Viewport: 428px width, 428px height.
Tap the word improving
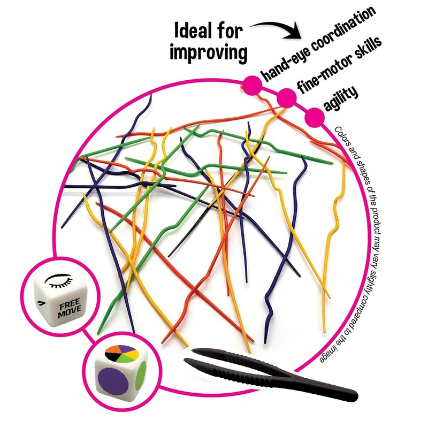(x=209, y=52)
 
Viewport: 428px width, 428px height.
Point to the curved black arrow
(x=276, y=30)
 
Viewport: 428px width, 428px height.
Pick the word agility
(x=341, y=98)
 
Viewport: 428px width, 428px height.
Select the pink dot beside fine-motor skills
(x=287, y=98)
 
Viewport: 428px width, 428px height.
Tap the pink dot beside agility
(x=315, y=117)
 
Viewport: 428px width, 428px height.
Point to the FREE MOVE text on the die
(x=70, y=308)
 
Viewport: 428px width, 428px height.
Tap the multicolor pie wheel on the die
(x=122, y=354)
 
